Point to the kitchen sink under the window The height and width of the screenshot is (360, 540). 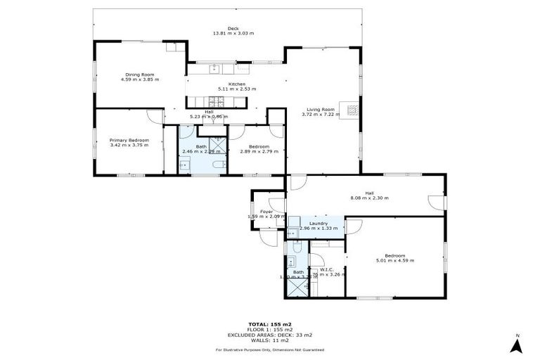(x=217, y=69)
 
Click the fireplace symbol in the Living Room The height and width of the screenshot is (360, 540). (x=349, y=110)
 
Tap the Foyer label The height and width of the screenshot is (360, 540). (x=266, y=211)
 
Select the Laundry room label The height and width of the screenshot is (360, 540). (x=314, y=223)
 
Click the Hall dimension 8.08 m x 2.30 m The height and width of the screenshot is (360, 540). (x=369, y=198)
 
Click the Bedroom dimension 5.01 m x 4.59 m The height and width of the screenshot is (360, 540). (x=394, y=260)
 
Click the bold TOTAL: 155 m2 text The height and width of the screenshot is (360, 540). (x=270, y=324)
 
